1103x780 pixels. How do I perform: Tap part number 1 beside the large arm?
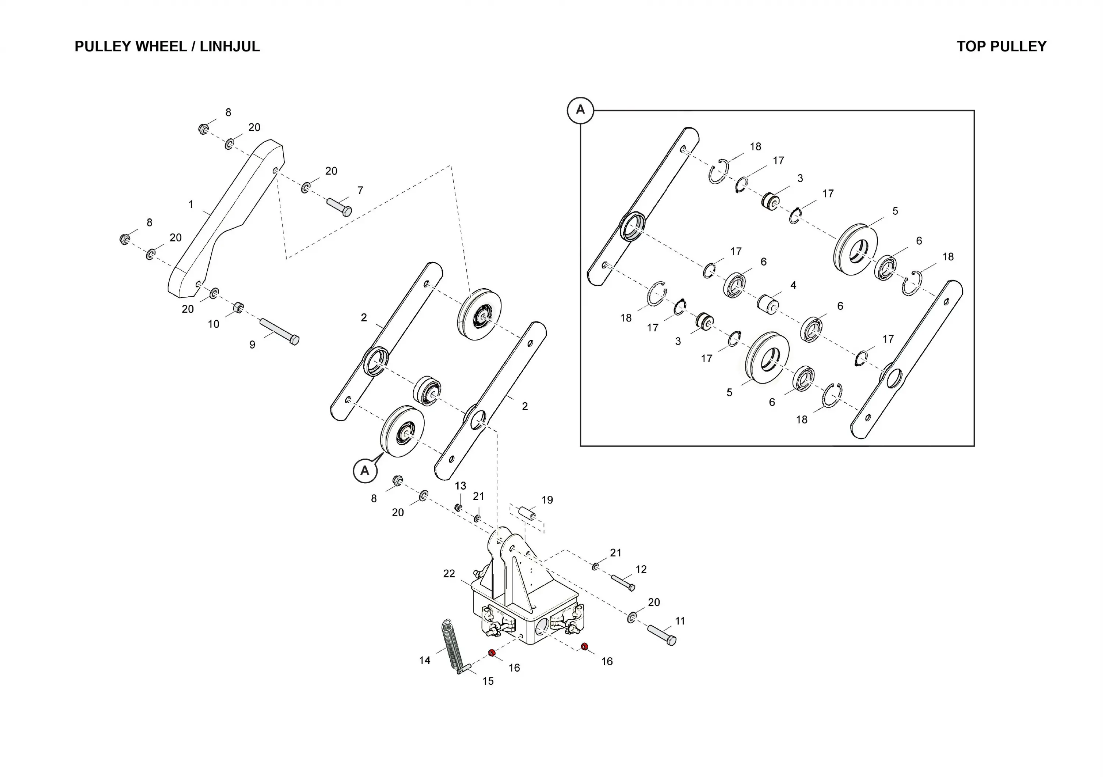[x=191, y=204]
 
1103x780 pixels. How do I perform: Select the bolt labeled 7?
[x=339, y=207]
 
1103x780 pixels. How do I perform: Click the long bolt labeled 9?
[x=279, y=332]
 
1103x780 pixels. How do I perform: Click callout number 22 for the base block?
[x=449, y=573]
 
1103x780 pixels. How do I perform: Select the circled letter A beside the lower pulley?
[x=365, y=470]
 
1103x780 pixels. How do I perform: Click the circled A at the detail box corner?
[x=580, y=110]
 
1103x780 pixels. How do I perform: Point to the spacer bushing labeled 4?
[x=768, y=304]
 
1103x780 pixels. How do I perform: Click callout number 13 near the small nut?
[x=460, y=485]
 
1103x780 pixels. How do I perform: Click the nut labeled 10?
[x=238, y=307]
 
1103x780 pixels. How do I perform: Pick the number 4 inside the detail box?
[x=793, y=285]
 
